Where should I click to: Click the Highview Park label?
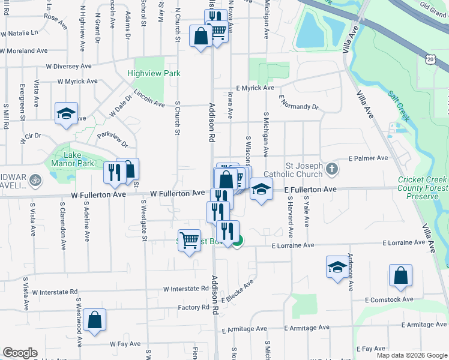point(154,74)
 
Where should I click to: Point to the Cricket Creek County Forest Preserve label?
point(422,188)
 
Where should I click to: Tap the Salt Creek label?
point(399,104)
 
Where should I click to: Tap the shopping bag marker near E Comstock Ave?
point(400,276)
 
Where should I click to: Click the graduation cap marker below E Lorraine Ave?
point(337,267)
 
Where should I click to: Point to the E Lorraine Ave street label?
point(293,245)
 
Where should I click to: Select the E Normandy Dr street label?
point(298,106)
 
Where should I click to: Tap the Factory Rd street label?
point(193,308)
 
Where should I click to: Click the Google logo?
point(20,353)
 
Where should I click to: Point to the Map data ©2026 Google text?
point(412,355)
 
